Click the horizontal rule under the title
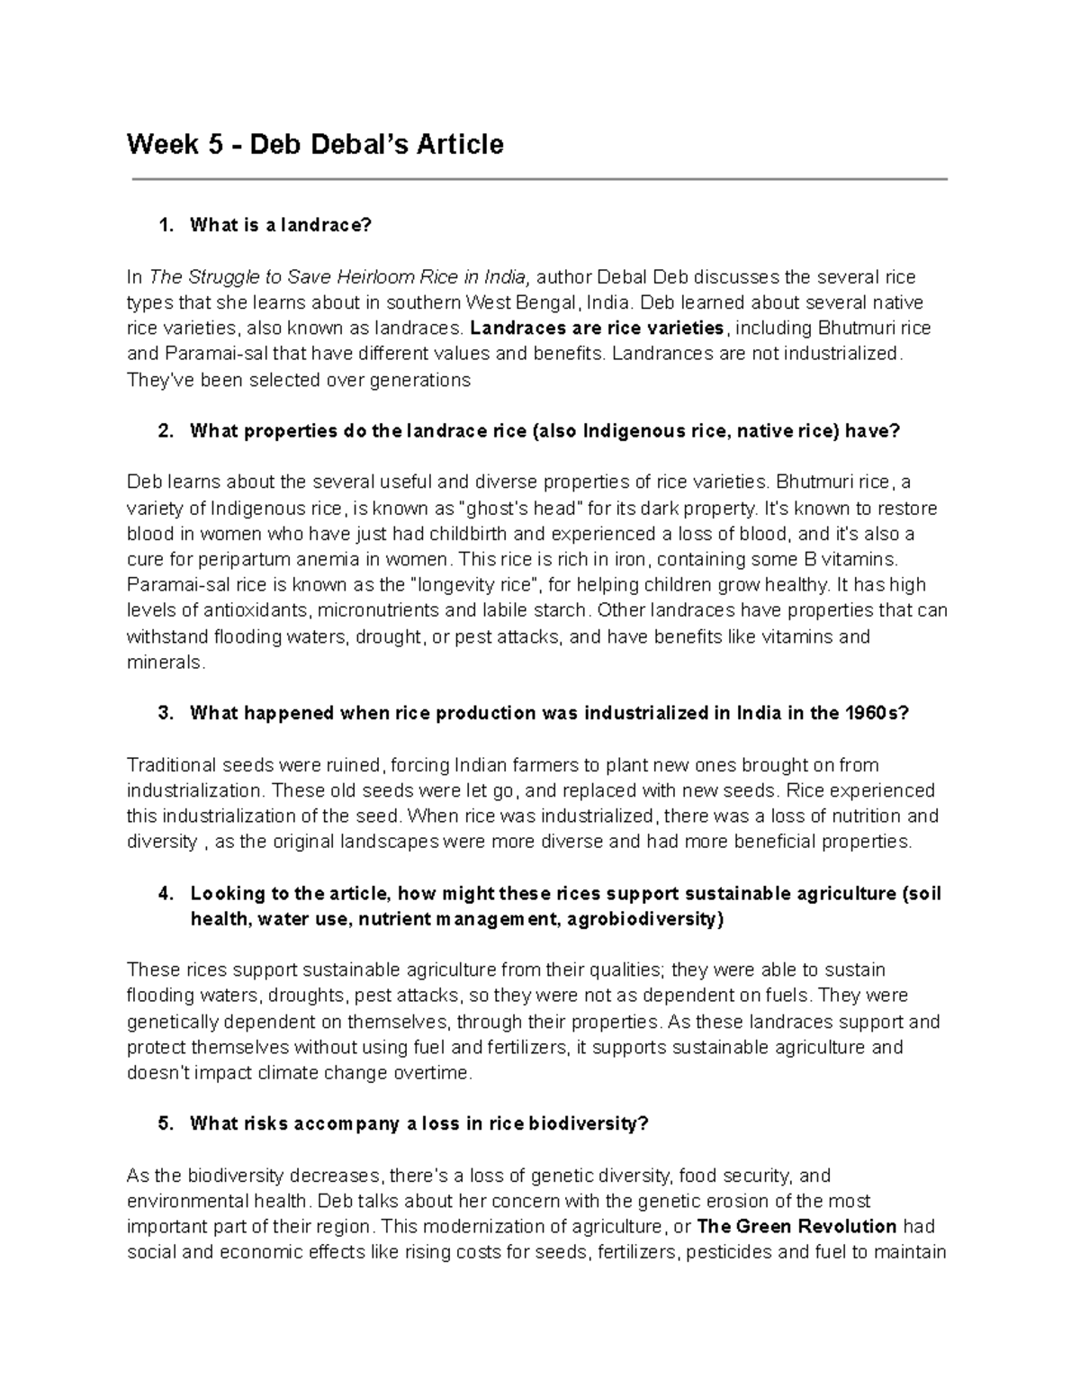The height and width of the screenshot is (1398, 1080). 540,180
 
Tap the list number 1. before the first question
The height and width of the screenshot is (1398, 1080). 165,226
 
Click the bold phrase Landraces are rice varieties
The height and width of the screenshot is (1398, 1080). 598,328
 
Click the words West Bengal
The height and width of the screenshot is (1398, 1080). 522,302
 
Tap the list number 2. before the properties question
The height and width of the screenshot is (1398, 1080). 165,431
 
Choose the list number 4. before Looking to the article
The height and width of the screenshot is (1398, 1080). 165,894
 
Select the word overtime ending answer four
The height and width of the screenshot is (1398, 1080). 434,1074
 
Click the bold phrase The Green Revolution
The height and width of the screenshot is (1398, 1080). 796,1227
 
